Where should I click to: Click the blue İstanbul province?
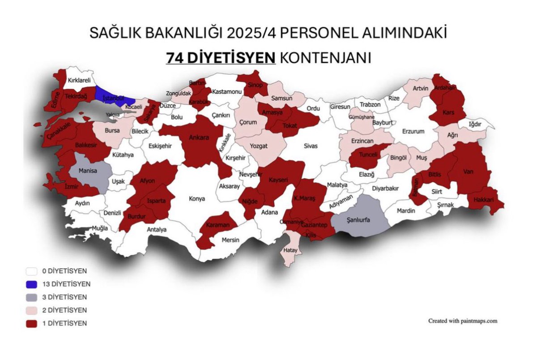pos(110,96)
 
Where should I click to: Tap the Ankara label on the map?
pos(199,137)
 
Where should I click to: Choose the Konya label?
pos(197,198)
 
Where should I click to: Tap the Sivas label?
pos(310,146)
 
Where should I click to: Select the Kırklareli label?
pos(79,81)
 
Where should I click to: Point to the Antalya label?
pos(156,230)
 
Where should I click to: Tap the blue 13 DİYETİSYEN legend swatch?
pos(31,284)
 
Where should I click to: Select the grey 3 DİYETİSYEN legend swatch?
pos(31,297)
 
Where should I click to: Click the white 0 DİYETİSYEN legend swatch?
pos(31,271)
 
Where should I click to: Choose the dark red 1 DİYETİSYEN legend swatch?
pos(31,323)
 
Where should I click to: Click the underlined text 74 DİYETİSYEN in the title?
pos(220,58)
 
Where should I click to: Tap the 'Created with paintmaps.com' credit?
pos(463,321)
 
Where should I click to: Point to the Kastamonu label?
pos(227,91)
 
